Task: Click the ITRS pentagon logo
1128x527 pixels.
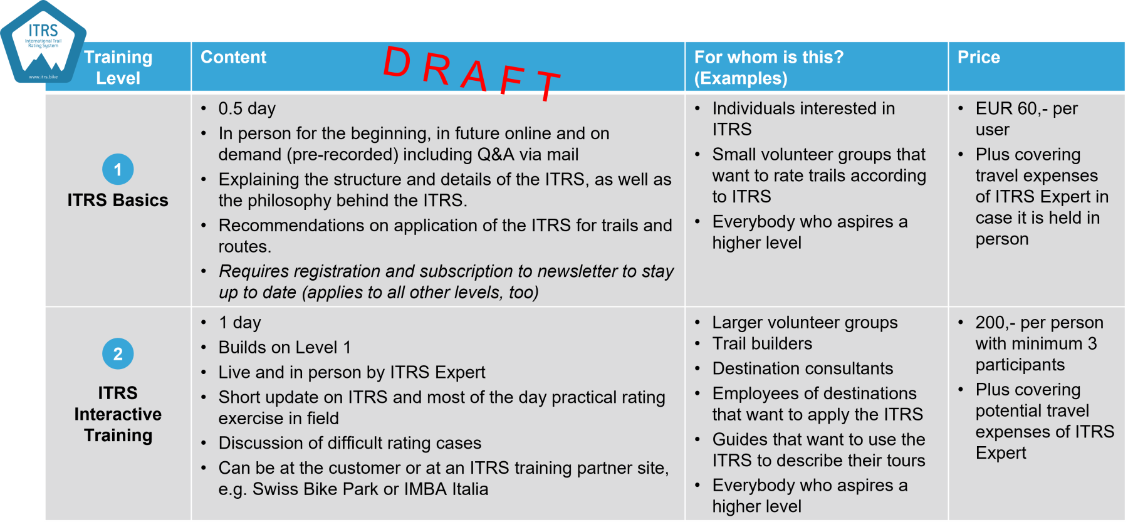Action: click(x=43, y=43)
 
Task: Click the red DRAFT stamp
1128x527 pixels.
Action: click(x=472, y=73)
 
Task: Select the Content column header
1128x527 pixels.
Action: click(x=233, y=57)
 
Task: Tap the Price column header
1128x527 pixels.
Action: click(x=978, y=57)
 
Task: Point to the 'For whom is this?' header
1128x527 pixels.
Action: click(x=769, y=67)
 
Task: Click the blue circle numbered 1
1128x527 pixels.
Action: click(x=118, y=169)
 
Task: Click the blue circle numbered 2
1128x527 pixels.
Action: click(x=118, y=354)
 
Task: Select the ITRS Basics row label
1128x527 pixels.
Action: click(x=118, y=200)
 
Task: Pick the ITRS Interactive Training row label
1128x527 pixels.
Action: click(x=118, y=414)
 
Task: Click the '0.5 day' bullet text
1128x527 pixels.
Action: click(x=247, y=108)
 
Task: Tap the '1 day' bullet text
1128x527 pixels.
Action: click(x=239, y=323)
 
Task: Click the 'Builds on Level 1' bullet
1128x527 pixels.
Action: click(x=285, y=347)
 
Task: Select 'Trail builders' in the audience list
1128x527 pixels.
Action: click(x=762, y=343)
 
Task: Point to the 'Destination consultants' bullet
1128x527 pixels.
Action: click(x=803, y=368)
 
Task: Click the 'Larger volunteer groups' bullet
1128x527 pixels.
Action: click(x=805, y=323)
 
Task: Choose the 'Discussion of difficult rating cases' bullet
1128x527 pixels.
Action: click(x=350, y=443)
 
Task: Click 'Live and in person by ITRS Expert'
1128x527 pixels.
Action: click(x=352, y=372)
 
